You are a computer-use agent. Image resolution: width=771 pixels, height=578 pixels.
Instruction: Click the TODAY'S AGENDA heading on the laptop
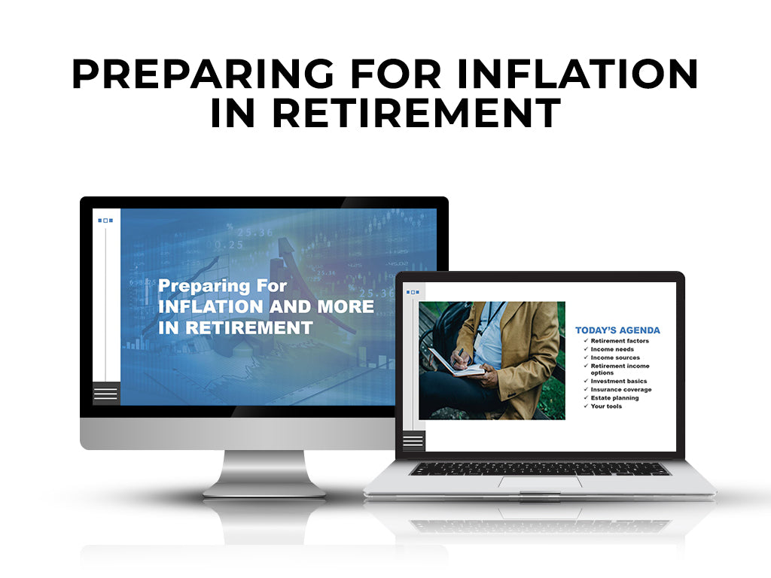[617, 330]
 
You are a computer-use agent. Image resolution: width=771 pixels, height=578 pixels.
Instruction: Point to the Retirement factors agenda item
[619, 341]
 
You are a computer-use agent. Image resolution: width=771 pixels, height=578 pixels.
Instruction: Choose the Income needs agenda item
[611, 349]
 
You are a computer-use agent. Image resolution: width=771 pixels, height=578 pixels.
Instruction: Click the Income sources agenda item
[615, 357]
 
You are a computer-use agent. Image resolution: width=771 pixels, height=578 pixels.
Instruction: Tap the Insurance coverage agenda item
[620, 390]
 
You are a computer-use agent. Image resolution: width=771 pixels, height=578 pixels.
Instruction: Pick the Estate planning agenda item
[614, 398]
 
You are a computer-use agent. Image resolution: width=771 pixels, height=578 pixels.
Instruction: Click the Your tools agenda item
[606, 406]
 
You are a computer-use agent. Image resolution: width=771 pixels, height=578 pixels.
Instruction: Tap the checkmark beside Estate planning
[586, 397]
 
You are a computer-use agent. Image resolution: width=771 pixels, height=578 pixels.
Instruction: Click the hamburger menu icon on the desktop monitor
[105, 394]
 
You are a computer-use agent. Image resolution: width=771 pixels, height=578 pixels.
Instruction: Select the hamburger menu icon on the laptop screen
[413, 441]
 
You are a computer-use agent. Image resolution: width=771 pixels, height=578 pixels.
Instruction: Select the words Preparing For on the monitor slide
[222, 286]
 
